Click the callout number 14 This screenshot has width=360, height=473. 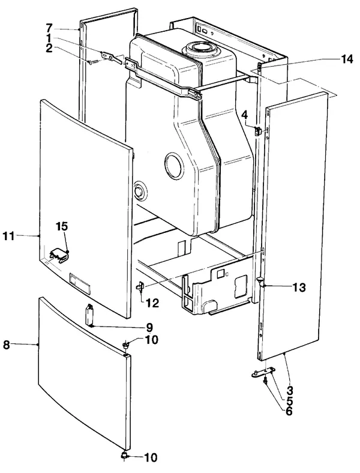pos(346,59)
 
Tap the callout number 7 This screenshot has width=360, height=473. pos(49,28)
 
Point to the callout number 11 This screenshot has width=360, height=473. pos(8,236)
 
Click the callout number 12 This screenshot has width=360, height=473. pos(152,303)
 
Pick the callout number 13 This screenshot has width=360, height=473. pos(299,288)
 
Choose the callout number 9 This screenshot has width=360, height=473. pos(149,327)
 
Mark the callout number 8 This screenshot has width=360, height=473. pos(7,345)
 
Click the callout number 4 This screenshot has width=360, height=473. pos(245,115)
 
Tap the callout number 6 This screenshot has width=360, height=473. pos(289,411)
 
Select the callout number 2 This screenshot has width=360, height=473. pos(49,48)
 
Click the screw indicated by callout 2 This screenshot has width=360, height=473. pos(92,62)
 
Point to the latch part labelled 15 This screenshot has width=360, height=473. pos(60,256)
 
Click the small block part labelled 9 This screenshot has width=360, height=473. pos(90,315)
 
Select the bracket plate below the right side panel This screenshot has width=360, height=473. pos(263,372)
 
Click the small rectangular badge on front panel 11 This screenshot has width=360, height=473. pos(80,283)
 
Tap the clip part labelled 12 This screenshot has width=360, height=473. pos(141,286)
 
